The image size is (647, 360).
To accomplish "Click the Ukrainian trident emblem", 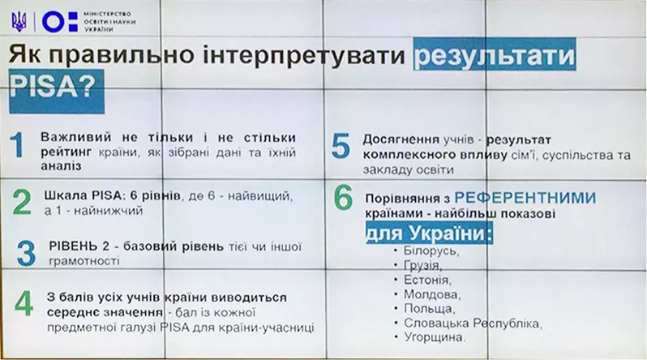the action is [19, 21].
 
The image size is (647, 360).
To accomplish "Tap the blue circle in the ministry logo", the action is [54, 21].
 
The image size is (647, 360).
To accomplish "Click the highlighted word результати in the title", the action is [495, 54].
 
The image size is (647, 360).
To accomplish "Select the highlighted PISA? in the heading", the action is [57, 92].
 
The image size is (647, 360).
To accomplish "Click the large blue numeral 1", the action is [17, 145].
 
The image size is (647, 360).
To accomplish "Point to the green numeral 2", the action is [22, 202].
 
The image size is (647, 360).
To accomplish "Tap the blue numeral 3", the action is [27, 253].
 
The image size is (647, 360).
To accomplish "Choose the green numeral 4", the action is [24, 303].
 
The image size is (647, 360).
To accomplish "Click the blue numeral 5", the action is [341, 146].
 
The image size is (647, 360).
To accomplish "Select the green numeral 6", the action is [343, 198].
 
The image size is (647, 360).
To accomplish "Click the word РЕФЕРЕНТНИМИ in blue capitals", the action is [525, 198].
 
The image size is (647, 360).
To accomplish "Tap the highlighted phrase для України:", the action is [429, 234].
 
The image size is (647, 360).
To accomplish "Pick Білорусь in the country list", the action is [431, 251].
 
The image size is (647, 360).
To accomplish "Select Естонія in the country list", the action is [427, 280].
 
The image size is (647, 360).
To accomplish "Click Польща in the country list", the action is [429, 309].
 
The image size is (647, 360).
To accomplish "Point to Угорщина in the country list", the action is [435, 337].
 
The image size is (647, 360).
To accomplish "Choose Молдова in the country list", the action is [432, 294].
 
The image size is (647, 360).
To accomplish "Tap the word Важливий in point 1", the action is [71, 138].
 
